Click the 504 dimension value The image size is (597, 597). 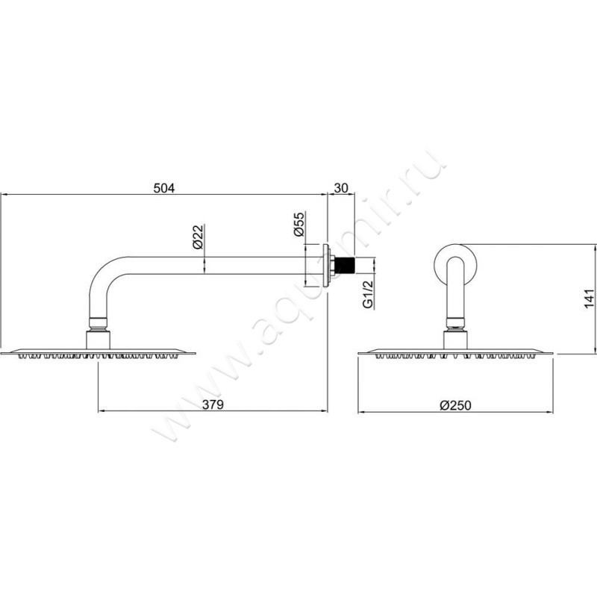(x=164, y=188)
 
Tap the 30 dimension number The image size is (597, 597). (x=341, y=188)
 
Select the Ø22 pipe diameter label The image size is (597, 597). (x=199, y=237)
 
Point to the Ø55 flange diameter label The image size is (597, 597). (x=300, y=225)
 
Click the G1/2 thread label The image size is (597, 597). (x=368, y=295)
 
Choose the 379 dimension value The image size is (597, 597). (x=213, y=404)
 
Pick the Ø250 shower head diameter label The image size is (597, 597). (x=455, y=405)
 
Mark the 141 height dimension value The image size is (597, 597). (x=589, y=299)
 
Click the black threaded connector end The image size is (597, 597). (x=345, y=265)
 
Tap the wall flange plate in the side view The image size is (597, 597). (x=326, y=266)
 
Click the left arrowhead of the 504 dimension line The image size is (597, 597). (x=4, y=194)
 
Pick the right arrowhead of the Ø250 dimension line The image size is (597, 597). (x=550, y=412)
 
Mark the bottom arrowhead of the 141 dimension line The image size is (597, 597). (x=594, y=350)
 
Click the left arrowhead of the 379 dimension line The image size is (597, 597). (x=101, y=411)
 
